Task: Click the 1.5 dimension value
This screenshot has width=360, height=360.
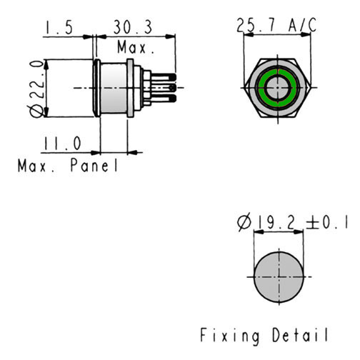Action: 59,27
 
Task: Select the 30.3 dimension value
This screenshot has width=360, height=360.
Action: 133,27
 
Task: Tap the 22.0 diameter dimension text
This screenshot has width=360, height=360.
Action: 37,80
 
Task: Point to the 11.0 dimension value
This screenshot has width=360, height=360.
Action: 62,144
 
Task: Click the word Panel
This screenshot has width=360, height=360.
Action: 94,165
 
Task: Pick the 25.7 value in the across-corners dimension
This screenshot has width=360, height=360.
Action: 256,25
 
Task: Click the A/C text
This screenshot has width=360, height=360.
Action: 302,25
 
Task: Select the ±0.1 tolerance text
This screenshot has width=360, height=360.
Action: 326,222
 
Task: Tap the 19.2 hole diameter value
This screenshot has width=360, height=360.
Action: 277,223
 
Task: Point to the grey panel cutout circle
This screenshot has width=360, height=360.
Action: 279,277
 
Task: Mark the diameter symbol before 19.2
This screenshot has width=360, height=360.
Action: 244,222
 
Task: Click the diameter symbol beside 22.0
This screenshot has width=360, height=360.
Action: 37,111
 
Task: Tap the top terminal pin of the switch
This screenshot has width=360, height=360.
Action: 164,77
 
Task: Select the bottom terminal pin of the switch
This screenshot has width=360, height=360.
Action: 164,99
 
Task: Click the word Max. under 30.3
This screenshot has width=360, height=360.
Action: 136,47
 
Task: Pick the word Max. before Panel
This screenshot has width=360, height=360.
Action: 36,166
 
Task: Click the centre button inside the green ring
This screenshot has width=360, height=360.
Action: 278,88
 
